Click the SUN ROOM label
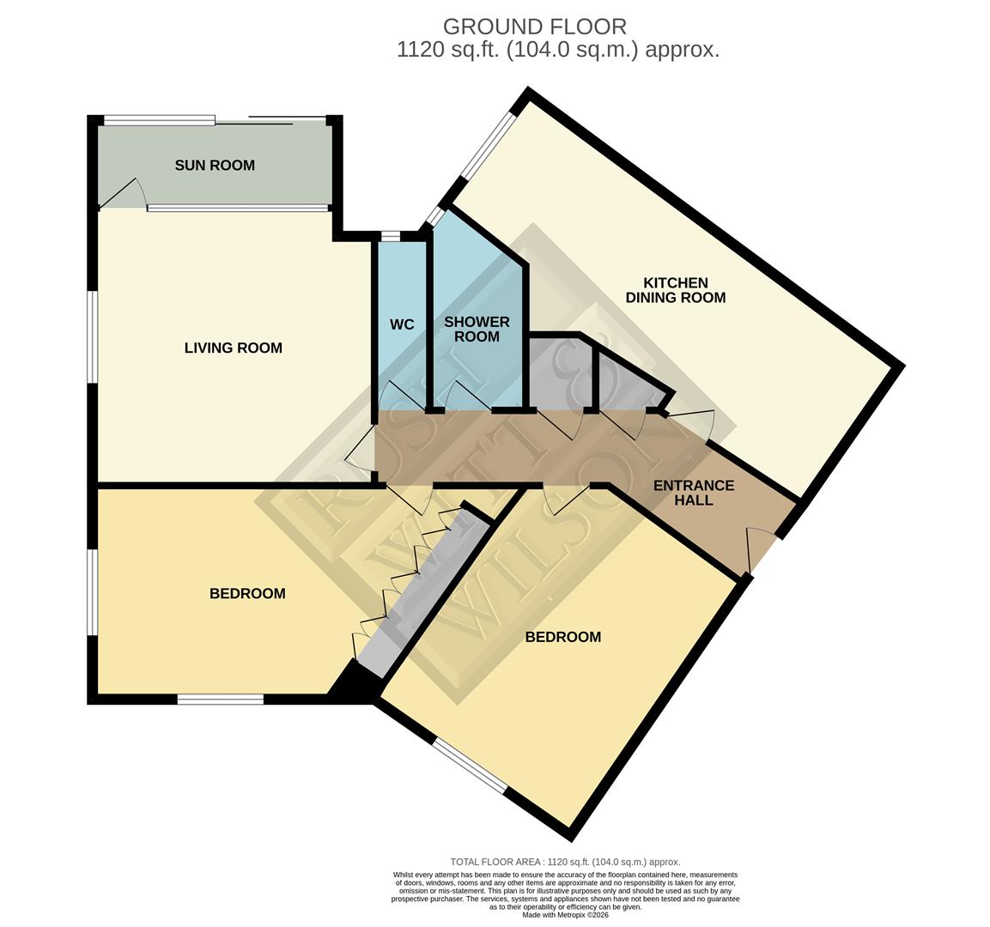[x=215, y=165]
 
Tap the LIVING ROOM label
[x=233, y=348]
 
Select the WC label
[x=402, y=324]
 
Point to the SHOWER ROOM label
[x=477, y=329]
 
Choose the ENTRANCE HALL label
[x=694, y=493]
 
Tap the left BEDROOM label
[x=247, y=593]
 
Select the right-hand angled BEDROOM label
[x=562, y=637]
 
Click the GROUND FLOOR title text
[x=534, y=27]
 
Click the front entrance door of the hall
[x=760, y=549]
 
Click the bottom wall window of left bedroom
[x=221, y=700]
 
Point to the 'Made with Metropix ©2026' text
[x=566, y=915]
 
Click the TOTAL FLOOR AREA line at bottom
[x=565, y=862]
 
